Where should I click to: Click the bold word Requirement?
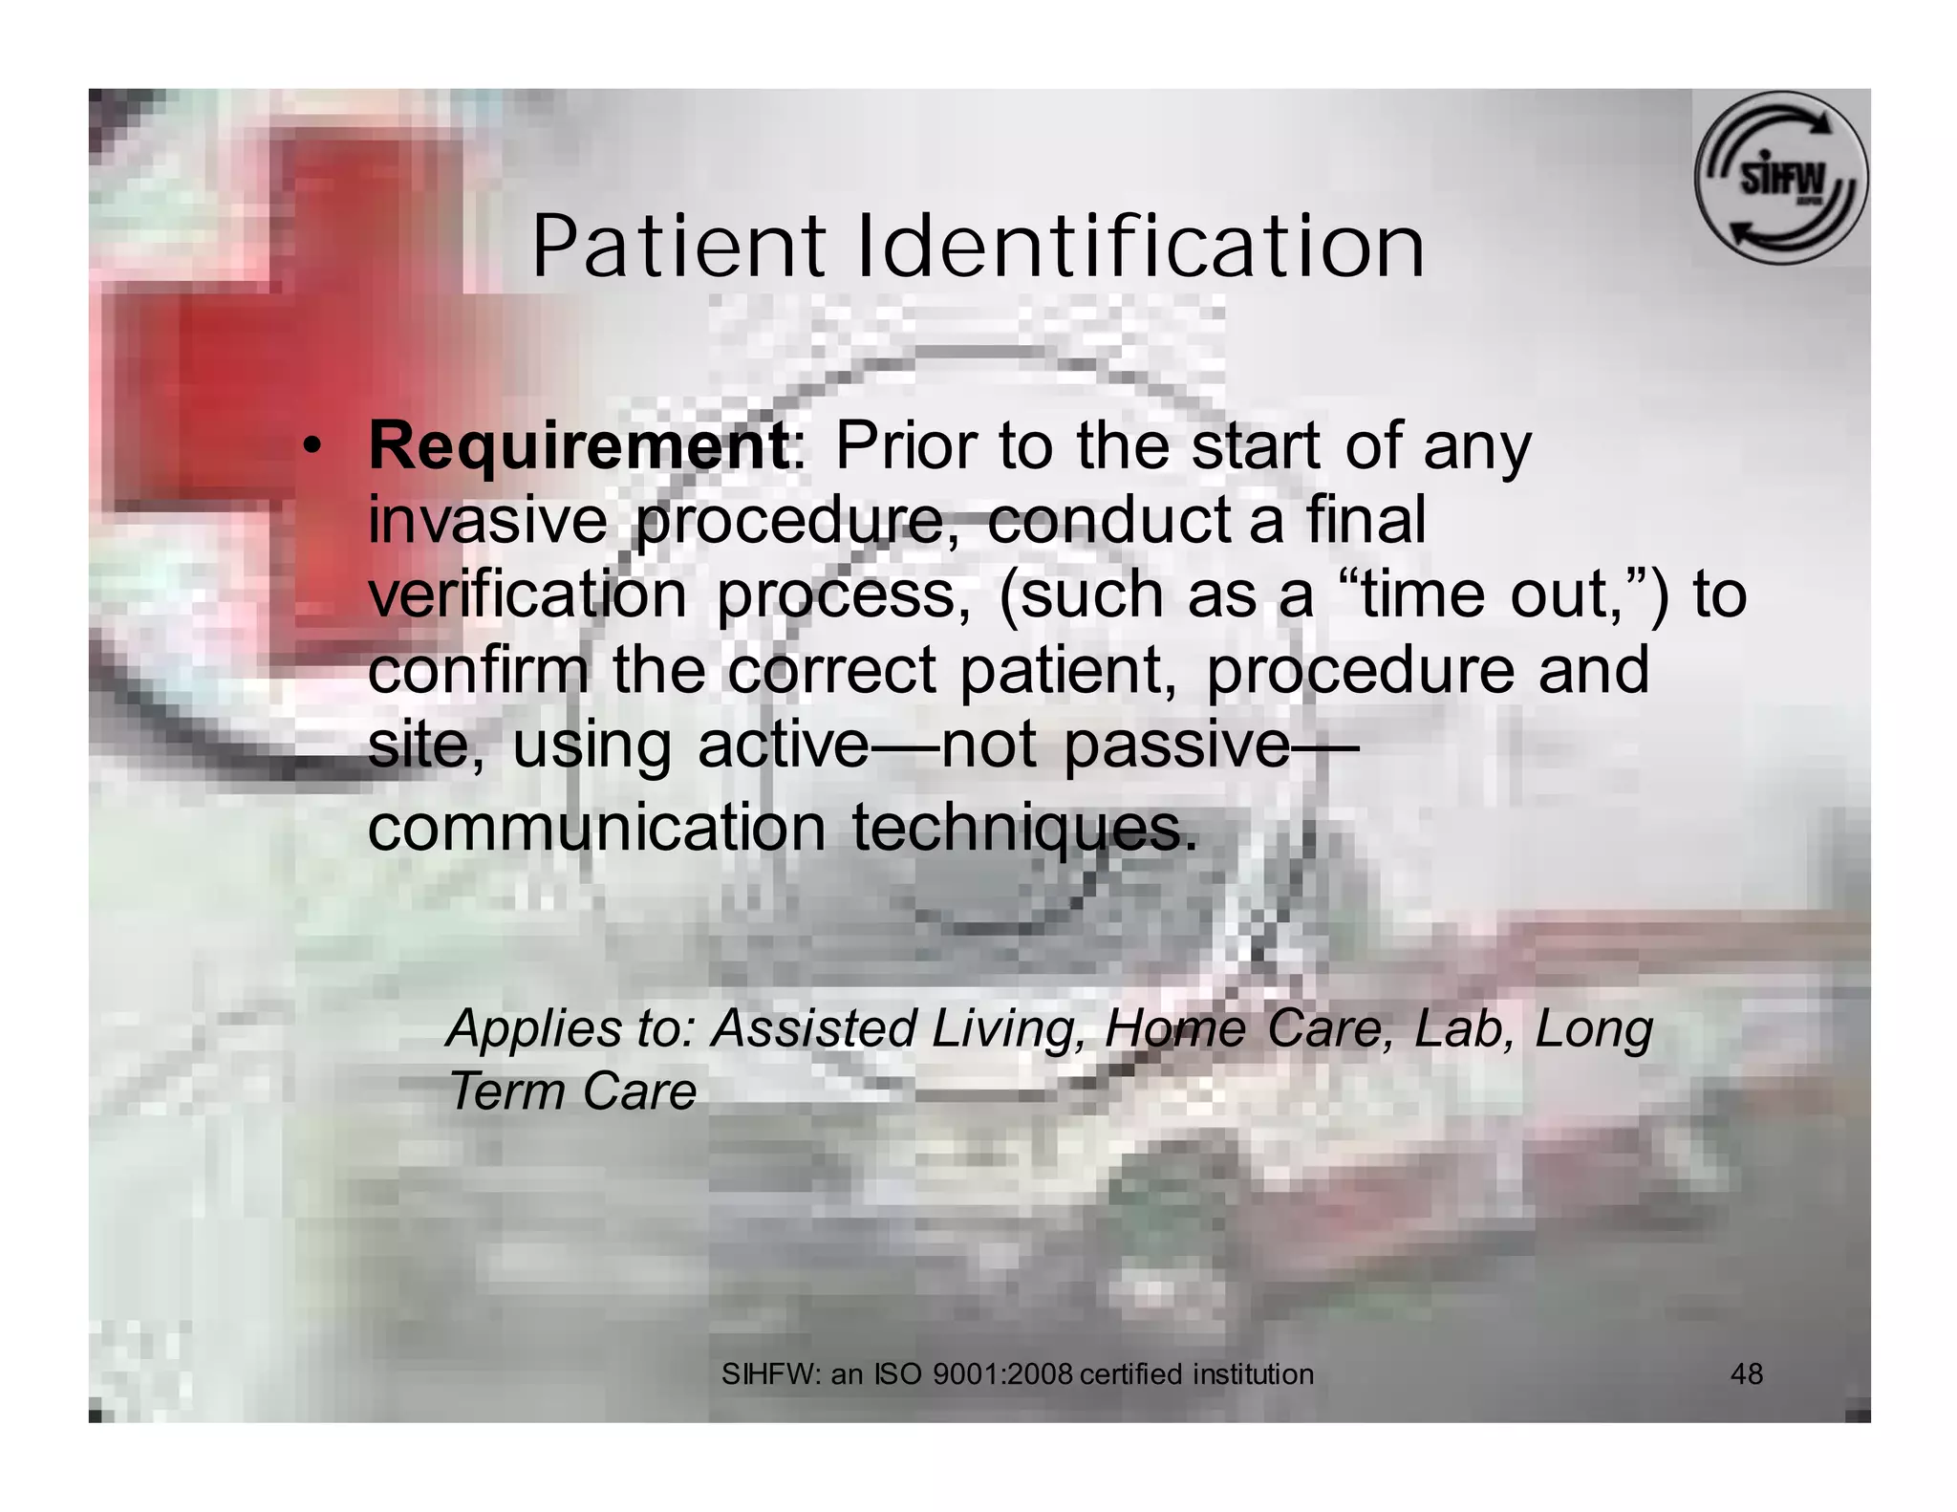[578, 445]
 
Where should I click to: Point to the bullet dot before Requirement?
[311, 446]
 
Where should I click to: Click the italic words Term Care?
[572, 1091]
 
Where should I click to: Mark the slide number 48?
[1747, 1374]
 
